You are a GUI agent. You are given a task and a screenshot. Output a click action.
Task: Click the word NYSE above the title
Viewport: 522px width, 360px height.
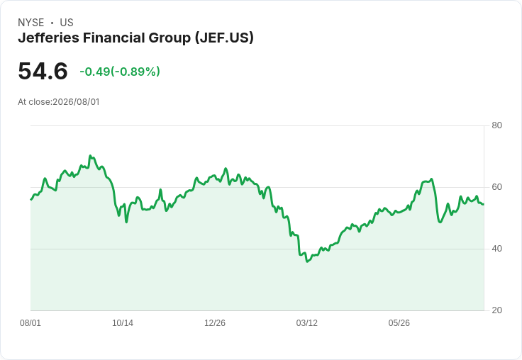pos(31,23)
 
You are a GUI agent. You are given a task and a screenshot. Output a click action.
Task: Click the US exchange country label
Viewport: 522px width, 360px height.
pos(67,23)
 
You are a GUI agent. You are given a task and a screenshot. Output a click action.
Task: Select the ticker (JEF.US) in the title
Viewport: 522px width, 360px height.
pos(224,38)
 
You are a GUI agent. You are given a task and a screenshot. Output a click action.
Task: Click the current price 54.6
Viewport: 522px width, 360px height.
pos(43,71)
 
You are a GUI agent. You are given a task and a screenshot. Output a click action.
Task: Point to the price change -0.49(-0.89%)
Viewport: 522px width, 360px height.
pos(120,72)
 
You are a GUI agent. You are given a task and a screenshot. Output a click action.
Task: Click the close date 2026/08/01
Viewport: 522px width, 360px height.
pos(76,102)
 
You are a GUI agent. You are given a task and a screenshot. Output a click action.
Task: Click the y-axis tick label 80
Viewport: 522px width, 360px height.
pos(496,125)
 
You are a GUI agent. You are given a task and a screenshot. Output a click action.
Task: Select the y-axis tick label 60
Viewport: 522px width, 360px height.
pos(496,187)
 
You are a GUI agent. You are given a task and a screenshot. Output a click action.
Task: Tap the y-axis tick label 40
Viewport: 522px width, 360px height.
pos(496,249)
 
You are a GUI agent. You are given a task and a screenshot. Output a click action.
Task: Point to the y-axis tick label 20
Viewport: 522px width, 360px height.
pos(496,310)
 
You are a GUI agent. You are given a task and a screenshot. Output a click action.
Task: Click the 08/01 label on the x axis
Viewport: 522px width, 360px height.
pos(30,322)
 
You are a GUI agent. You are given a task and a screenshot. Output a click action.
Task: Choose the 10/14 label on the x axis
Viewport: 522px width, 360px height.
pos(123,322)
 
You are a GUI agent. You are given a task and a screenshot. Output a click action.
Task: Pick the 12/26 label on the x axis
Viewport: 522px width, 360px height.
pos(215,322)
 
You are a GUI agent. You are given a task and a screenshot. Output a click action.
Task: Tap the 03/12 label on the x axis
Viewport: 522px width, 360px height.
pos(307,322)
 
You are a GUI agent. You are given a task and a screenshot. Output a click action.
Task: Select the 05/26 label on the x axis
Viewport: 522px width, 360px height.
pos(399,322)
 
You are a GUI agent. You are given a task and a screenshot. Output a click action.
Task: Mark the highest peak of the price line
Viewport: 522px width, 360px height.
pos(90,155)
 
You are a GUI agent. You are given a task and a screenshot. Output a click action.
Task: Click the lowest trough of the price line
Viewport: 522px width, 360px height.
pos(307,261)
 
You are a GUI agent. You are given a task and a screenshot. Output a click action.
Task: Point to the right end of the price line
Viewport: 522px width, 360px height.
pos(484,204)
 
